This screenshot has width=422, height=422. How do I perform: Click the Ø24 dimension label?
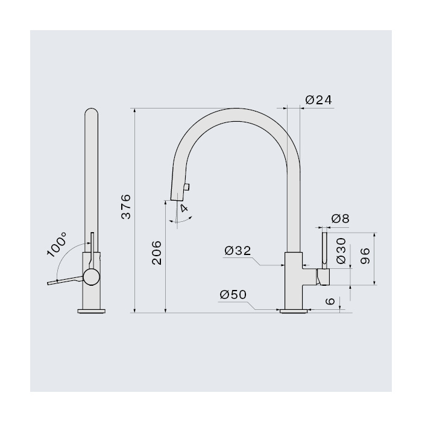[x=319, y=100]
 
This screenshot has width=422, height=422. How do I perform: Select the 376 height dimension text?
[x=126, y=206]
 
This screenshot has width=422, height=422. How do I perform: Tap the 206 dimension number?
[x=157, y=253]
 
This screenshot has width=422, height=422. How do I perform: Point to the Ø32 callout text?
[x=238, y=251]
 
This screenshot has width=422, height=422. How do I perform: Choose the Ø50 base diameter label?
[x=233, y=295]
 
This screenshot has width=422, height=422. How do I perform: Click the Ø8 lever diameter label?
[x=340, y=218]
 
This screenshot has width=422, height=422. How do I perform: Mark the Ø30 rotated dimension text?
[x=341, y=251]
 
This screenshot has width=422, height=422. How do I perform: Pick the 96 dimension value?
[x=365, y=256]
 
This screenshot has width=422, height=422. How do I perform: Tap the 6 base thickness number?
[x=330, y=301]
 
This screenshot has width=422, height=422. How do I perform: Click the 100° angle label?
[x=56, y=244]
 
